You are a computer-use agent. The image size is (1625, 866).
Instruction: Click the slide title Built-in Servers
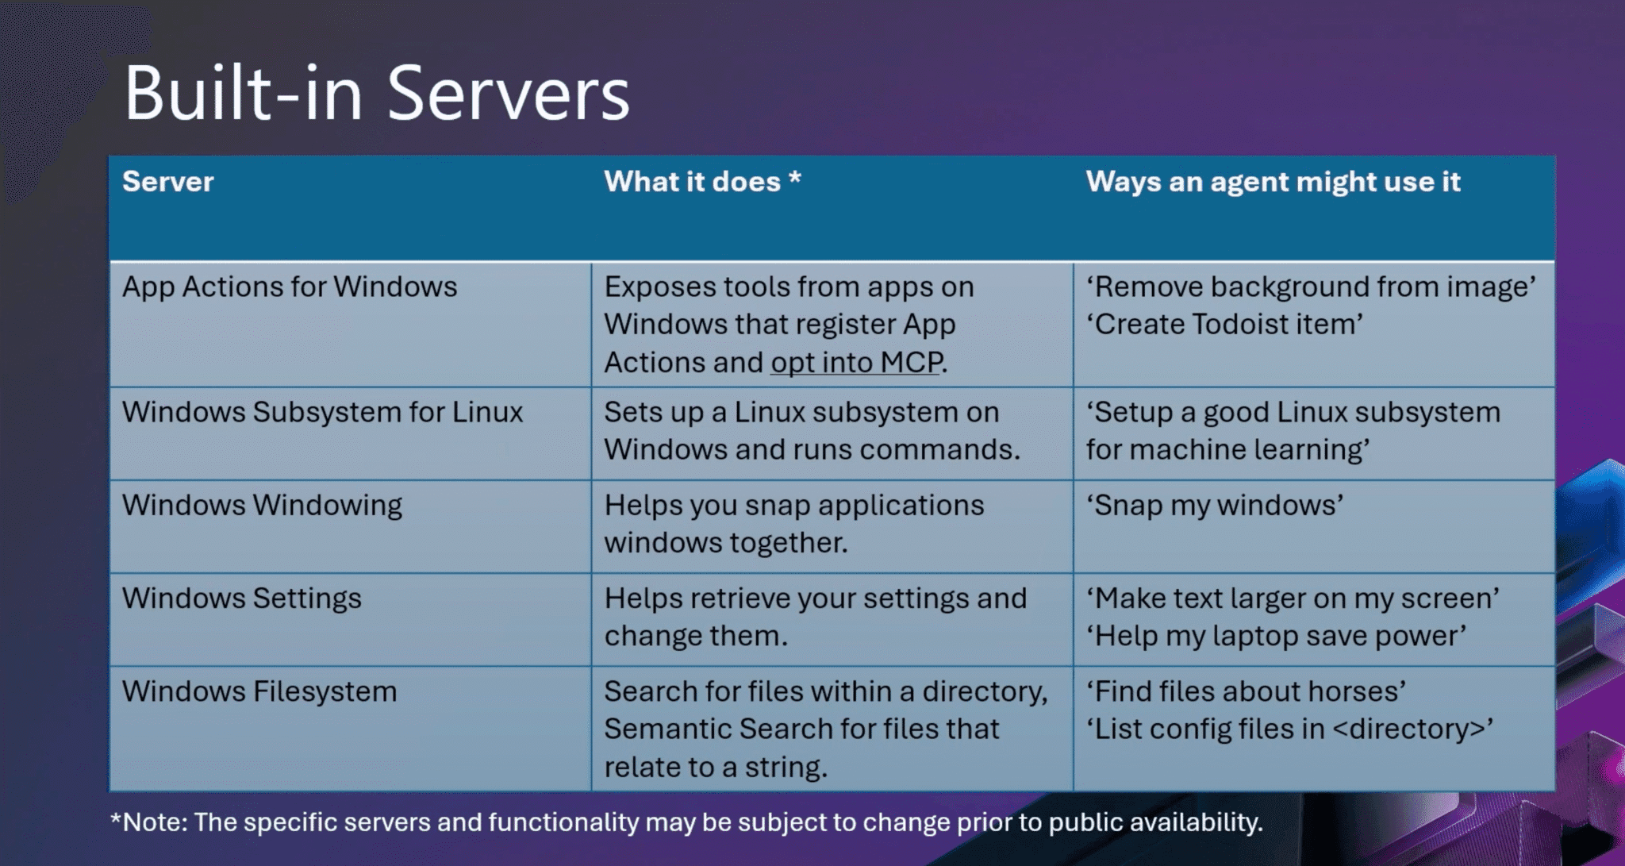[377, 94]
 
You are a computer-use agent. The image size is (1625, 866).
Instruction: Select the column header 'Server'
[168, 182]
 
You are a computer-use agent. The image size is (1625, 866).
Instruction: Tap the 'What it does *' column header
[702, 182]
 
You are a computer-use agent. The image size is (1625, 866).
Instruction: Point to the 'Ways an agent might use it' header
[1273, 183]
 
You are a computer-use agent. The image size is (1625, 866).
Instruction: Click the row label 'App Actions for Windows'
[290, 287]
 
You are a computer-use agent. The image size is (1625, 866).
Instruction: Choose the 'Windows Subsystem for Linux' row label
[322, 412]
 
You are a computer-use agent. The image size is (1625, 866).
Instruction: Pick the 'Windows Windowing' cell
[262, 506]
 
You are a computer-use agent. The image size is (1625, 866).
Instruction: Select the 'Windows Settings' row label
[241, 599]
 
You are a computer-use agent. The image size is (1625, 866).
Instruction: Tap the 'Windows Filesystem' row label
[259, 691]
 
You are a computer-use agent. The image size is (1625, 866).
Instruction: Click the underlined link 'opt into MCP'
[857, 363]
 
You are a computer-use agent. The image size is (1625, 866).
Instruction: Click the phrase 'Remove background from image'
[1311, 287]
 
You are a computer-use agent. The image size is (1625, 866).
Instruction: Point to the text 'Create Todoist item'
[1224, 325]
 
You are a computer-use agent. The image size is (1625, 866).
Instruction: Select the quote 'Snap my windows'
[1215, 506]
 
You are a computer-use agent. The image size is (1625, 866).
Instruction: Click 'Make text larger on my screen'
[1293, 599]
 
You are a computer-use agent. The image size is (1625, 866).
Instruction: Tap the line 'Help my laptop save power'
[1276, 637]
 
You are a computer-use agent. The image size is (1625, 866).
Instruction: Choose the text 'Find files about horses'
[1246, 691]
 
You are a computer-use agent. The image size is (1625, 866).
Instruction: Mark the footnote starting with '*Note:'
[686, 822]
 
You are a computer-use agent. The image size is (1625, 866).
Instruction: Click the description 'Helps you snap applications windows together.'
[794, 524]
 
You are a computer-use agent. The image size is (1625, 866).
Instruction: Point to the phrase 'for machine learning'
[1227, 450]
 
